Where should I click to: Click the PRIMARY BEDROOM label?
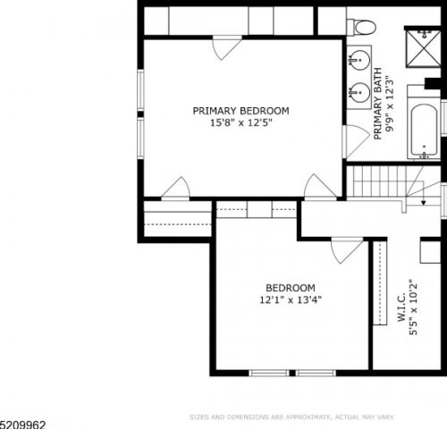(240, 111)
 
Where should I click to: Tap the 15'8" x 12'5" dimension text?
(240, 123)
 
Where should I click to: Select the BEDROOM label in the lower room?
(290, 288)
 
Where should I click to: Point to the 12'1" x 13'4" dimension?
(290, 300)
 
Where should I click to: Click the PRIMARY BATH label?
(377, 105)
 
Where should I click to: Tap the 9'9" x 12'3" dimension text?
(390, 105)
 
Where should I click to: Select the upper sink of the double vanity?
(359, 61)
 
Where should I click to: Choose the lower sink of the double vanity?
(359, 91)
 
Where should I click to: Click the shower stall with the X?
(424, 50)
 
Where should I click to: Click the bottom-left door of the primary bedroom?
(175, 189)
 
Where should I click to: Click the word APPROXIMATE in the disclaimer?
(300, 416)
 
